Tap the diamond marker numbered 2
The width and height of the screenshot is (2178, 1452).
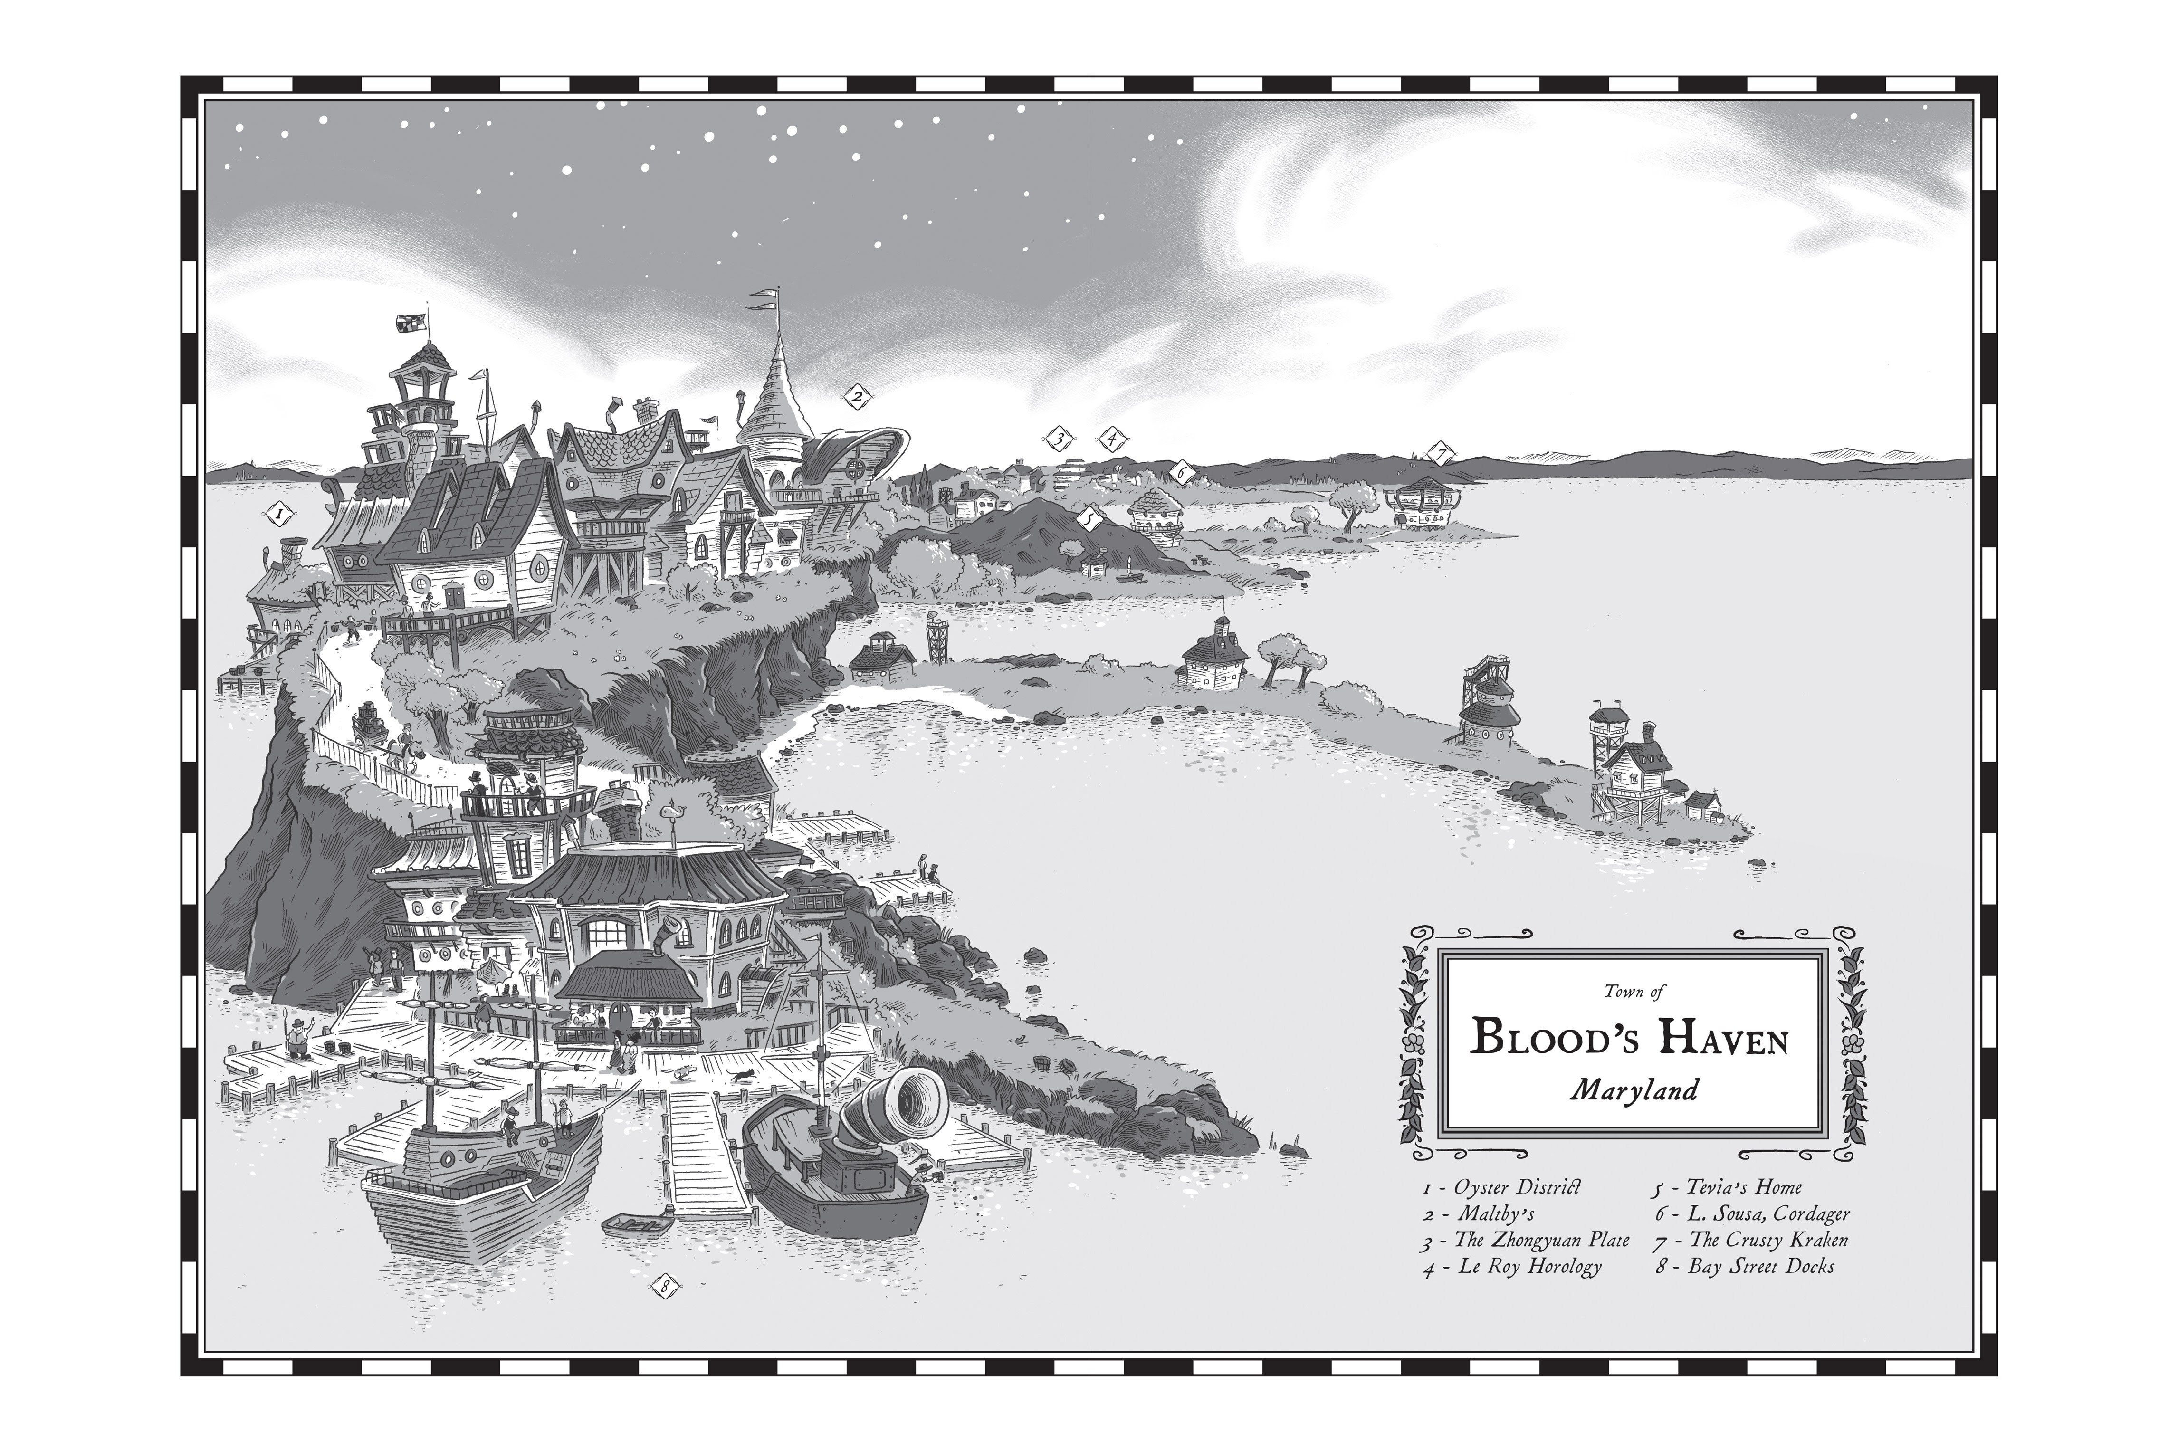[857, 398]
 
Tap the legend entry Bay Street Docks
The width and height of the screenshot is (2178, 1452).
[1746, 1267]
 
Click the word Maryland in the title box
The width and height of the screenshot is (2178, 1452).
[1634, 1090]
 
